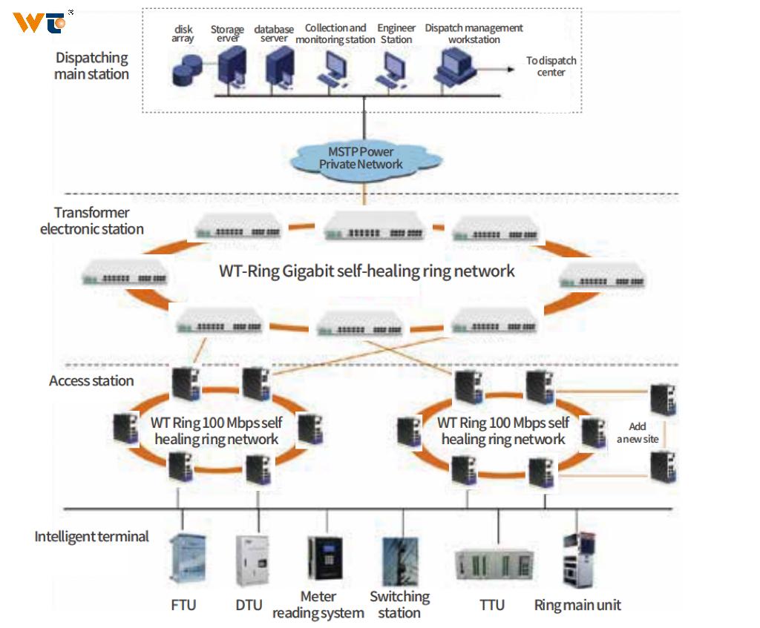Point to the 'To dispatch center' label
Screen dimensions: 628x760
tap(551, 67)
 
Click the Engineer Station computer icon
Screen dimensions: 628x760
tap(391, 72)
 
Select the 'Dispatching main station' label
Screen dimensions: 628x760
tap(92, 66)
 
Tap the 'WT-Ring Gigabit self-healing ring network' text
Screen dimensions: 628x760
tap(367, 271)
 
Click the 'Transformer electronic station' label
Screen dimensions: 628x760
tap(92, 221)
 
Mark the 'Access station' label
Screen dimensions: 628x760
tap(91, 381)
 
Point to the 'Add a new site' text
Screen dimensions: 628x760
tap(638, 433)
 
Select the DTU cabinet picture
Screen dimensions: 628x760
tap(250, 564)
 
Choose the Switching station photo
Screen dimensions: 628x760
tap(400, 563)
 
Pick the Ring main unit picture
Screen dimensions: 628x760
tap(577, 561)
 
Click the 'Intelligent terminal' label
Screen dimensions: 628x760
tap(92, 536)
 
